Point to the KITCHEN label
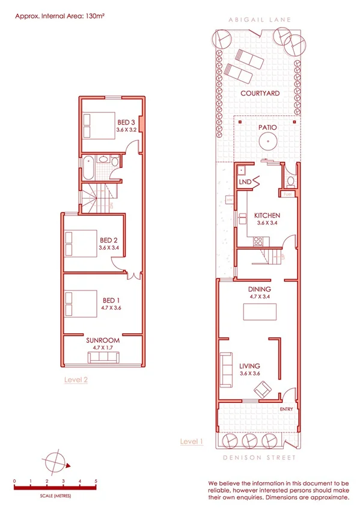point(267,216)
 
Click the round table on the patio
point(267,142)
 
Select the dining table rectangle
point(260,313)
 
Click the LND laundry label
point(245,180)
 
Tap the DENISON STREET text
point(259,458)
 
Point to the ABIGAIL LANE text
point(259,20)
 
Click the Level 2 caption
point(76,379)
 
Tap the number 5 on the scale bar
point(96,481)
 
